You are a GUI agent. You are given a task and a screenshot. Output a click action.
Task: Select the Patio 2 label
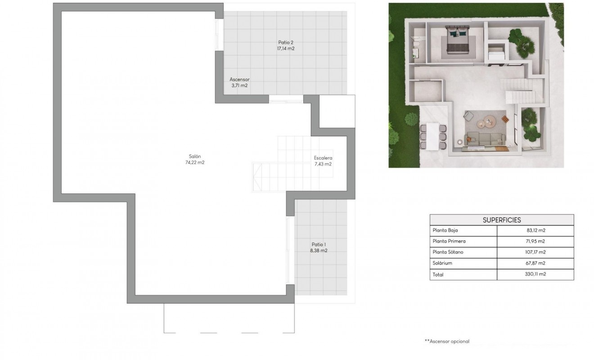(286, 43)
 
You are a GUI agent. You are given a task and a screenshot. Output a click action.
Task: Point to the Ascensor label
(239, 79)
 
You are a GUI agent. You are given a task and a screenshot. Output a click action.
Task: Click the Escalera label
(323, 158)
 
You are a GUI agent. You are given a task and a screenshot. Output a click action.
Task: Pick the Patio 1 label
(318, 244)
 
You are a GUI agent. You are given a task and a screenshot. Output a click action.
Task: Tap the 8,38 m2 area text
(318, 251)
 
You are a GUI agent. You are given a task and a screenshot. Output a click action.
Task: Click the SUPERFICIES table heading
(502, 220)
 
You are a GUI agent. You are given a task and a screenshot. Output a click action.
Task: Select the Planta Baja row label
(445, 230)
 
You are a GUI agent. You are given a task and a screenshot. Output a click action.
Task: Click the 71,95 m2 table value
(535, 241)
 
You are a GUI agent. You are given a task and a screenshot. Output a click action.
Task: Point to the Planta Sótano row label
(448, 252)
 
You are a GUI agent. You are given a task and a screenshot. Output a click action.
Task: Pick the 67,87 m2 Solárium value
(535, 263)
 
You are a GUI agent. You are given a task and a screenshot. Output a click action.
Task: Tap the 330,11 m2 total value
(535, 274)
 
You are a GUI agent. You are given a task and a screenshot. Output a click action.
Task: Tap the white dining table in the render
(433, 135)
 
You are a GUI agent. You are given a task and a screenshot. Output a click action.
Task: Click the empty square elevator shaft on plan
(337, 111)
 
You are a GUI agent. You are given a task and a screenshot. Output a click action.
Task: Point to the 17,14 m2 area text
(286, 49)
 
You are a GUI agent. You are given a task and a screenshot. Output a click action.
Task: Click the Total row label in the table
(438, 274)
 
